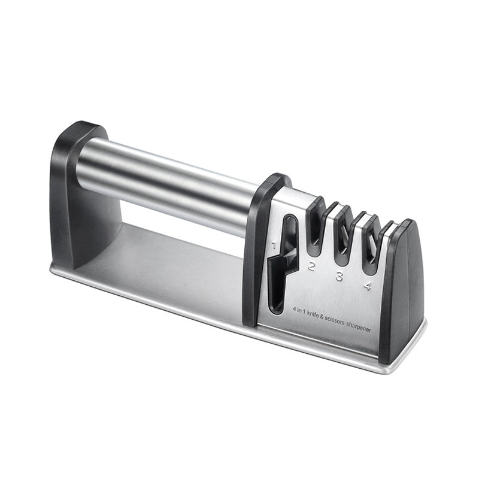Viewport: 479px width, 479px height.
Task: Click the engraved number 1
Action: click(x=274, y=245)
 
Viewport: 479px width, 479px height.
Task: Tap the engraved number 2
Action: click(x=311, y=266)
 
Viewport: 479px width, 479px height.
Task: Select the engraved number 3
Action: click(x=339, y=276)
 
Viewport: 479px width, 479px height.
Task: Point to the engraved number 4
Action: click(x=367, y=286)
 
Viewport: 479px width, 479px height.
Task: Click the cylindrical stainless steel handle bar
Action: click(x=174, y=180)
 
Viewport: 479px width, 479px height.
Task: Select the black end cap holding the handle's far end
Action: click(x=72, y=192)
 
